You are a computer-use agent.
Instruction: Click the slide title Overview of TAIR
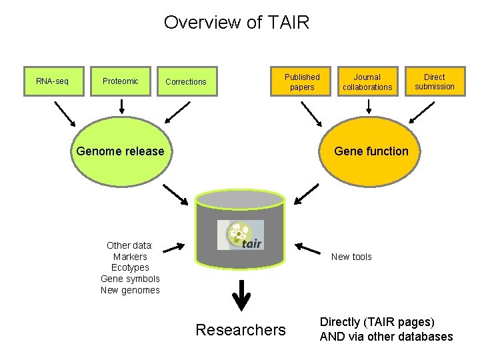point(237,23)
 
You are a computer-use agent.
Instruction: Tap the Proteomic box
point(121,81)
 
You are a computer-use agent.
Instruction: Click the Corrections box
point(186,82)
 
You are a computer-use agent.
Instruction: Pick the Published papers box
point(302,82)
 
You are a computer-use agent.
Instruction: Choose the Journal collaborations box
point(367,82)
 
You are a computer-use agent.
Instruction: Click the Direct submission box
point(434,81)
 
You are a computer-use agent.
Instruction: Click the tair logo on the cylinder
point(241,235)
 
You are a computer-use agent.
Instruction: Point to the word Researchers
point(241,330)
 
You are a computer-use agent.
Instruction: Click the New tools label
point(351,257)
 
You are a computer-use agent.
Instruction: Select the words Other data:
point(130,245)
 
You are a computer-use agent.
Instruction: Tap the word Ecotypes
point(130,267)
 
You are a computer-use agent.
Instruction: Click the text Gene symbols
point(130,279)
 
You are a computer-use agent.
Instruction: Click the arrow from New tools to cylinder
point(309,249)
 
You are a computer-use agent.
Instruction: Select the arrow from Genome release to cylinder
point(176,195)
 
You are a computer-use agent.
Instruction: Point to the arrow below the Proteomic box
point(121,105)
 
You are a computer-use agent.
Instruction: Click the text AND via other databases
point(386,337)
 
